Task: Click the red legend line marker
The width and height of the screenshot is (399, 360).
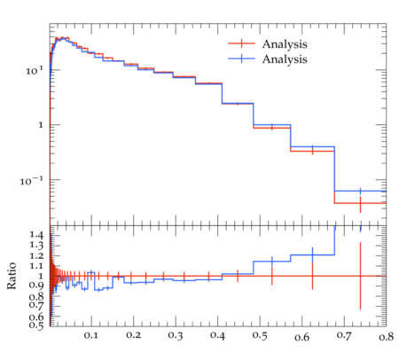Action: pos(241,43)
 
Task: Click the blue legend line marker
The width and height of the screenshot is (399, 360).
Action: pos(241,59)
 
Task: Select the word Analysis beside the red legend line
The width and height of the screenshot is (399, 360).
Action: pos(285,44)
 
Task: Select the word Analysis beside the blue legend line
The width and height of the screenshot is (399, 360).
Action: pos(285,59)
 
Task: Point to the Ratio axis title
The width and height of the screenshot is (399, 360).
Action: pos(12,276)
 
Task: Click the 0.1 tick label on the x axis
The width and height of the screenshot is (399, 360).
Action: pos(91,335)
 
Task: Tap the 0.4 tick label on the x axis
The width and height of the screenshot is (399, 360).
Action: pos(217,336)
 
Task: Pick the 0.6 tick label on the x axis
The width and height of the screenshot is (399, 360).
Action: pos(302,337)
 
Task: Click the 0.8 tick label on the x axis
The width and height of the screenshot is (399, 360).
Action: pos(387,337)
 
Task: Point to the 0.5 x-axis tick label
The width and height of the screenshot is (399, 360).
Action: pos(260,336)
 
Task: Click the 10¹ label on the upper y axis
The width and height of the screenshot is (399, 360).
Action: pos(35,71)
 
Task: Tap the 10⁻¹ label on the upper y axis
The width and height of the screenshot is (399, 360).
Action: pos(32,181)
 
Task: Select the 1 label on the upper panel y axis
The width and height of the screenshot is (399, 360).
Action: pos(41,125)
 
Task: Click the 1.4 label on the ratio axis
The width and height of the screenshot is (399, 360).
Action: pos(36,235)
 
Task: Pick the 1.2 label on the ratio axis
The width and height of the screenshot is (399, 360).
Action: pos(36,255)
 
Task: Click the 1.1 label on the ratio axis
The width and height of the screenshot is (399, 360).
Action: pos(36,266)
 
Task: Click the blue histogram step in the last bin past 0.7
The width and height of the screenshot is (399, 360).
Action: pos(360,191)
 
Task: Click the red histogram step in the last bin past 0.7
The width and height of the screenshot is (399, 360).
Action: pos(360,203)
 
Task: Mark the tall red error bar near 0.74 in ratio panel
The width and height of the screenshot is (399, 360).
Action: pos(360,276)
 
